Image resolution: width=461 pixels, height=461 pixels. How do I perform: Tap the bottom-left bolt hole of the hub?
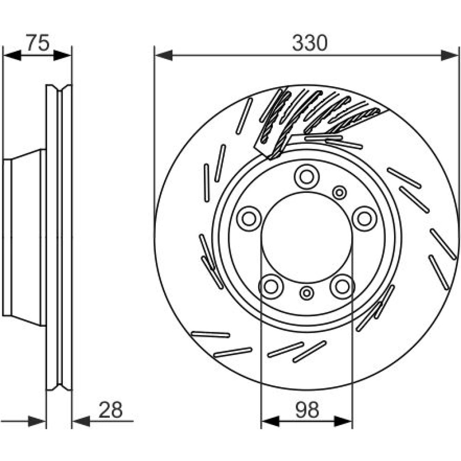(270, 286)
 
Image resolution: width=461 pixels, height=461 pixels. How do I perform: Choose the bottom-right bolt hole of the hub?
(342, 286)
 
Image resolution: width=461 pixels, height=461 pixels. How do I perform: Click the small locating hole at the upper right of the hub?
(340, 192)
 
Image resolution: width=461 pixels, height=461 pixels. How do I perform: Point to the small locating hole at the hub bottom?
(306, 292)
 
